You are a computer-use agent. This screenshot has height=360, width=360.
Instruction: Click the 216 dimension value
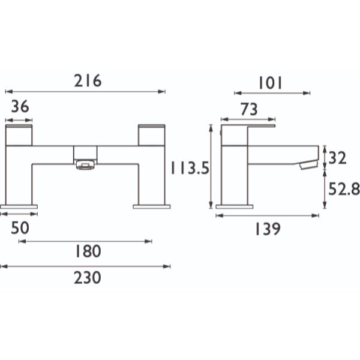coord(88,80)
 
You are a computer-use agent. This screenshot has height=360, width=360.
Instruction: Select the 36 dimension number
coord(20,106)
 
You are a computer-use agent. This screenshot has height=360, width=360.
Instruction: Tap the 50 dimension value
coord(20,228)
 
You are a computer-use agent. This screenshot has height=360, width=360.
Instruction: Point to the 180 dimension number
coord(88,251)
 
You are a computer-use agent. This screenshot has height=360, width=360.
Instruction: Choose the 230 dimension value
coord(88,278)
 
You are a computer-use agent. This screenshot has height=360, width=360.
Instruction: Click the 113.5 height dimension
coord(190,168)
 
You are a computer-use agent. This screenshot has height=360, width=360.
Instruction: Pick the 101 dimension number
coord(270,83)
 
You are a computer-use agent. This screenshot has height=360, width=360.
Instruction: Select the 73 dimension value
coord(249,109)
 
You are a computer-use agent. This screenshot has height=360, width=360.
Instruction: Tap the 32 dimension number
coord(337,158)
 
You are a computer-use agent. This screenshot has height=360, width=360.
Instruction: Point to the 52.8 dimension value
coord(344,190)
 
